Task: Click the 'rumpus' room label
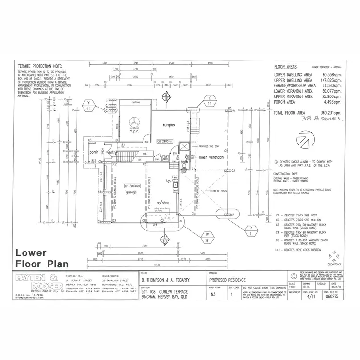[168, 125]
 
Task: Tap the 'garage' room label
[131, 192]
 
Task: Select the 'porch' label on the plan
[94, 153]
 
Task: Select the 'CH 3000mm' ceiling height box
[133, 186]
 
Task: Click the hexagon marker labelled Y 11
[89, 106]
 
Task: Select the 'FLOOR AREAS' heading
[286, 68]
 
